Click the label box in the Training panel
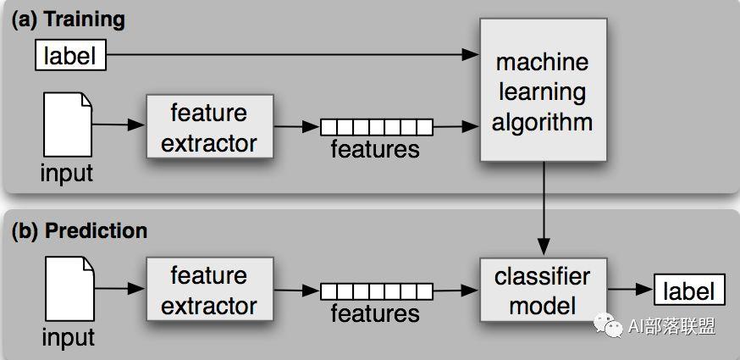point(70,55)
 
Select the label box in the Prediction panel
point(689,290)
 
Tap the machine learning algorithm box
point(543,90)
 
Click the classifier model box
point(544,290)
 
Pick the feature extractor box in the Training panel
point(209,126)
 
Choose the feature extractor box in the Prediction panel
point(209,289)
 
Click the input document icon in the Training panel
point(68,125)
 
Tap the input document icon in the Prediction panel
point(69,289)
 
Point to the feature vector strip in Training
point(376,127)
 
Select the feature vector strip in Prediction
point(376,291)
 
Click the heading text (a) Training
point(69,19)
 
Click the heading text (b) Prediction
point(80,230)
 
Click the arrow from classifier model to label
point(630,289)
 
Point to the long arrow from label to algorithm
point(293,55)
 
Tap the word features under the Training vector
point(375,149)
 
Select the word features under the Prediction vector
point(375,313)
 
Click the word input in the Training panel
point(67,173)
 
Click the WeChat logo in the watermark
point(608,324)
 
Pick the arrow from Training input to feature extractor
point(119,125)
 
